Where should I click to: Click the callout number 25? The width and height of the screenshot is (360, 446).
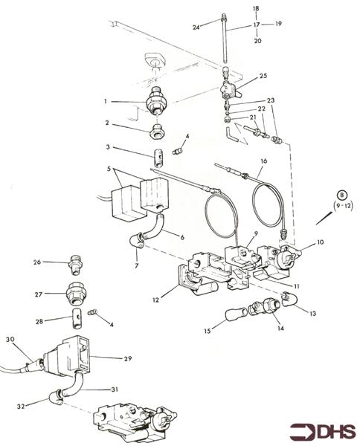pos(263,76)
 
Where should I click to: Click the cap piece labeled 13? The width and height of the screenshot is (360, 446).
pos(288,300)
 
